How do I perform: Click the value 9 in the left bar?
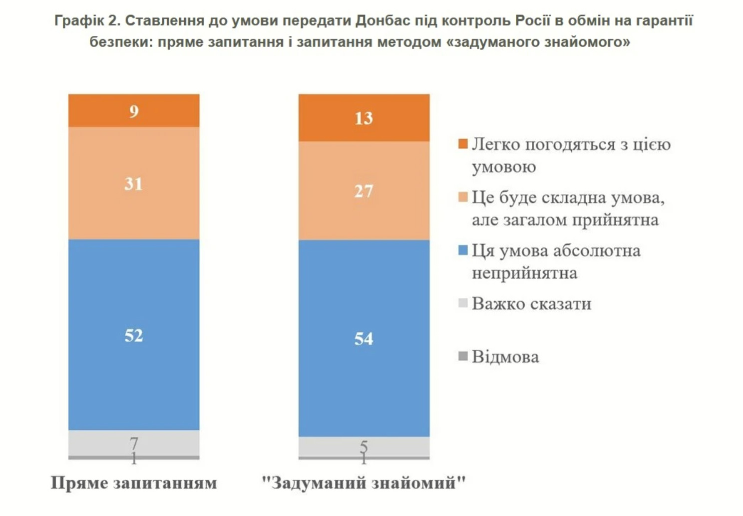click(x=133, y=111)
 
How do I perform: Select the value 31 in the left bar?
click(x=133, y=184)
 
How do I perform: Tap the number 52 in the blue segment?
click(x=133, y=335)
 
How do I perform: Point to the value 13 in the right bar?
click(x=364, y=118)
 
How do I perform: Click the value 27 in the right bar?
click(x=364, y=191)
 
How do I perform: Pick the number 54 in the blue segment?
click(x=364, y=339)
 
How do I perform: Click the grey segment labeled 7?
click(x=133, y=442)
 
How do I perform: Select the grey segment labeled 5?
click(x=364, y=446)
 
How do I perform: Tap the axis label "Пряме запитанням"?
click(x=134, y=483)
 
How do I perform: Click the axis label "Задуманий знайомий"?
click(x=364, y=483)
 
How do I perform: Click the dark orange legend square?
click(x=463, y=144)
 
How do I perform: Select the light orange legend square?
click(x=463, y=197)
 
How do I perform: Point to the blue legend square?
click(x=463, y=250)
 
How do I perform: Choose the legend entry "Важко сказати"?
click(x=531, y=303)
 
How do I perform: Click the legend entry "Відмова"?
click(x=505, y=357)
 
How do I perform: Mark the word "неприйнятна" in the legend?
click(x=524, y=273)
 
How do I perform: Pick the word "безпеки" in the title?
click(x=121, y=42)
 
